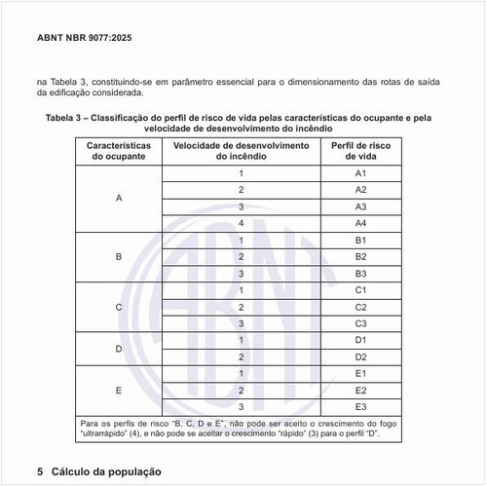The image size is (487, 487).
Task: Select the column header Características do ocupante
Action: tap(118, 150)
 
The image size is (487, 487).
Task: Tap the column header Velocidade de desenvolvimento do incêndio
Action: tap(240, 150)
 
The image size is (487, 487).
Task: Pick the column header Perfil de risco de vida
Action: tap(360, 150)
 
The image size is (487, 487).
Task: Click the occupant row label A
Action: tap(119, 199)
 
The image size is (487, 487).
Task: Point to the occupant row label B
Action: tap(119, 257)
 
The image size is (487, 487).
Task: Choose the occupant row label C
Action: tap(119, 307)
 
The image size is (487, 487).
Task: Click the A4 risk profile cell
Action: tap(360, 223)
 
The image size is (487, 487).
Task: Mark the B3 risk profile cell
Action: tap(360, 274)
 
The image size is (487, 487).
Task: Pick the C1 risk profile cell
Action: tap(360, 290)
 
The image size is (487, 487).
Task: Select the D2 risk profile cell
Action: tap(360, 356)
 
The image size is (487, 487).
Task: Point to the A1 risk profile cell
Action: tap(360, 173)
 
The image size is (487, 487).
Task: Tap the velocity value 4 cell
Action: tap(240, 223)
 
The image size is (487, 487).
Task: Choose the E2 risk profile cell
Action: tap(360, 390)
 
